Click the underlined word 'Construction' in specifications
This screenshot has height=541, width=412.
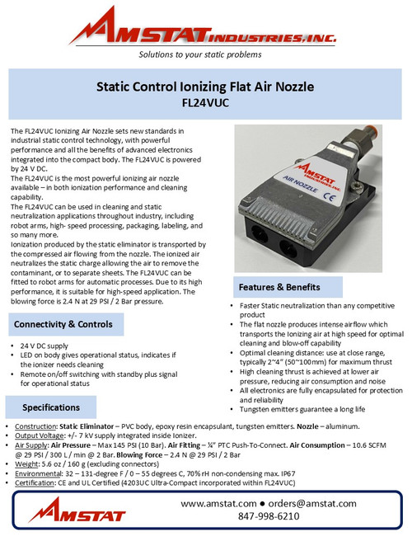point(35,426)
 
